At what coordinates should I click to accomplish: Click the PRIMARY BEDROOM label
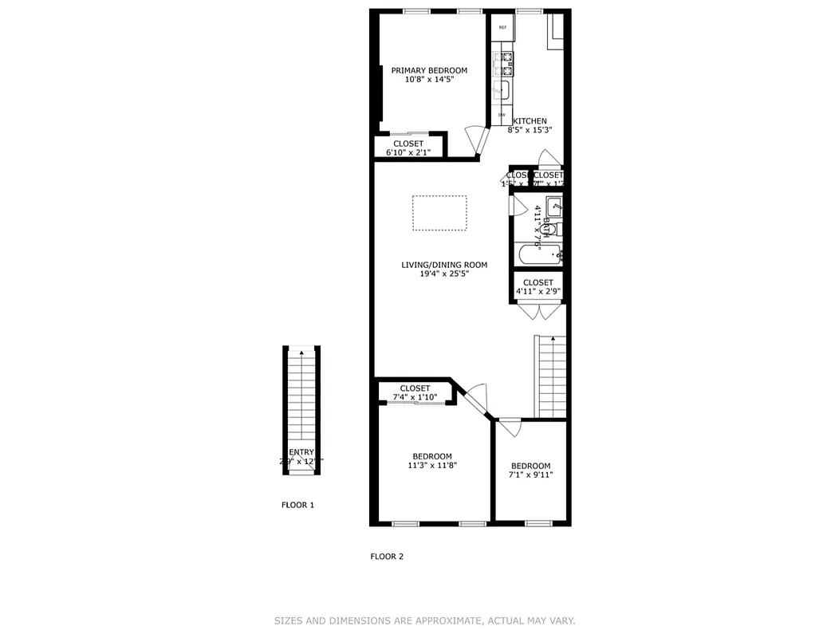(x=429, y=70)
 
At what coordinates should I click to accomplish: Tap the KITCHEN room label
(x=530, y=121)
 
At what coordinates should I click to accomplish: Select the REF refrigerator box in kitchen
(x=502, y=28)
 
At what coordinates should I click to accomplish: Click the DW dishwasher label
(x=502, y=116)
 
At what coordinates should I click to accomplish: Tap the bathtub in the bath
(x=539, y=256)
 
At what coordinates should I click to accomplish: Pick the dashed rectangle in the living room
(x=439, y=213)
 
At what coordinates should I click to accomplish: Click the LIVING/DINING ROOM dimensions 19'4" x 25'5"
(x=434, y=274)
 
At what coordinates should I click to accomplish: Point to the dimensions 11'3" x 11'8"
(x=432, y=466)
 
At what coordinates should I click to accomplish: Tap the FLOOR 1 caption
(x=298, y=505)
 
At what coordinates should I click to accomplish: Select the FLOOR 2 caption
(x=387, y=557)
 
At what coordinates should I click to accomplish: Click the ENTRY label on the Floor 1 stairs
(x=301, y=452)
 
